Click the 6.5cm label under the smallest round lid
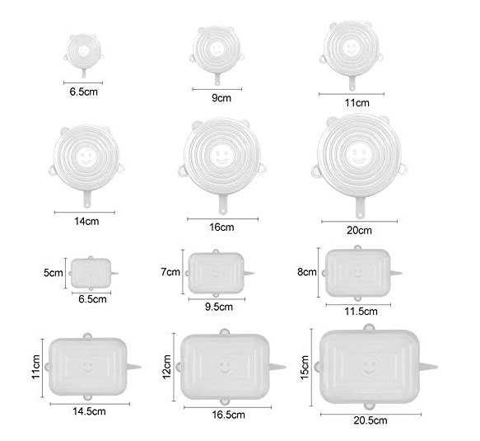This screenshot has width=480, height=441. point(84,91)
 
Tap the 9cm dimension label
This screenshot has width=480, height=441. point(221,98)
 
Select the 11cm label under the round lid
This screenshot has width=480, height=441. point(357,103)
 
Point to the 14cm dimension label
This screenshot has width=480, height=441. point(86,221)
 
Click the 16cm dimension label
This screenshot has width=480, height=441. point(221,228)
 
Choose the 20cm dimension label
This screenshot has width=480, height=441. point(360,231)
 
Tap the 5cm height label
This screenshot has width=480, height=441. point(53,273)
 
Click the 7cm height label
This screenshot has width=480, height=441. point(170,272)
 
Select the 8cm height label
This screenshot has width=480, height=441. point(307,272)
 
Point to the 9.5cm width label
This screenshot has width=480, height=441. point(219,307)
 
